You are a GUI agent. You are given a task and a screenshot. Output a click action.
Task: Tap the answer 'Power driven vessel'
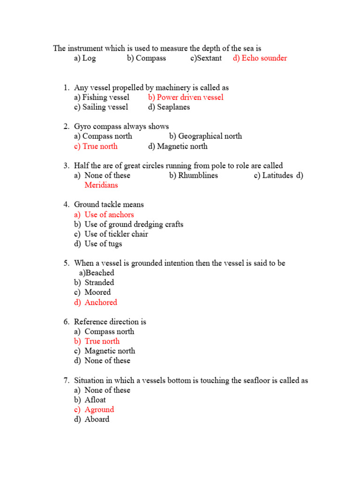(190, 97)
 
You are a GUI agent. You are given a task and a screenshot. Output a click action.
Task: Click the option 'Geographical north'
(210, 136)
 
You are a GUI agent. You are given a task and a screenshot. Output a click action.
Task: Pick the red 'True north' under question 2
(100, 146)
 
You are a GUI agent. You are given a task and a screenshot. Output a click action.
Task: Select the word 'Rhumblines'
(198, 175)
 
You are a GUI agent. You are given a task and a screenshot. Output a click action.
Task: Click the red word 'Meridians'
(101, 185)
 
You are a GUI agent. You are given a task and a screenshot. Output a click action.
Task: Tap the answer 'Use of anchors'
(109, 215)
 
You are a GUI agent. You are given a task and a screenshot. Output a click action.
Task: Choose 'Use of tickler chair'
(116, 234)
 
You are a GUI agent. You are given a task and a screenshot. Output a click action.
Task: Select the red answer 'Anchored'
(101, 302)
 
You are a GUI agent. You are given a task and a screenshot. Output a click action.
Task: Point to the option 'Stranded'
(99, 283)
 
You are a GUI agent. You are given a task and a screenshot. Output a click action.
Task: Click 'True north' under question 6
(102, 341)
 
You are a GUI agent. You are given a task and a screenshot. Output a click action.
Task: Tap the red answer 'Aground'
(99, 410)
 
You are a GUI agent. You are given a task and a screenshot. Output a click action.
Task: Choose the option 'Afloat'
(95, 400)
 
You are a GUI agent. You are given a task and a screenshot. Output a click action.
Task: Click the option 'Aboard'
(97, 420)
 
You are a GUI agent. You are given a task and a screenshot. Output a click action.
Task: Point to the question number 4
(66, 204)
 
